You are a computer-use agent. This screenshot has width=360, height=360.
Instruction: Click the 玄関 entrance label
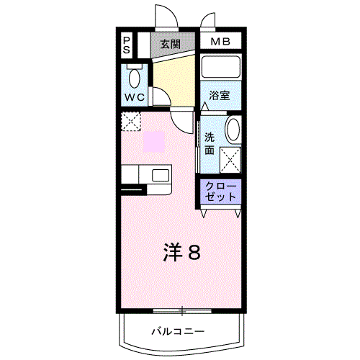pos(170,43)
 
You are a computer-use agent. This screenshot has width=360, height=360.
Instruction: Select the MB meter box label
pos(220,42)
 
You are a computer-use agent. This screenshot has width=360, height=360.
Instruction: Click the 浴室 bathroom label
pos(220,95)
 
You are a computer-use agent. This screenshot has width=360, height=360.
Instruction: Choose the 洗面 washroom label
pos(210,143)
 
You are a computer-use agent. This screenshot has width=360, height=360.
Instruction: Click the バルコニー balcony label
pos(178,331)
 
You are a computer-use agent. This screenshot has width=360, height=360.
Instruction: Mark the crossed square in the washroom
pos(231,157)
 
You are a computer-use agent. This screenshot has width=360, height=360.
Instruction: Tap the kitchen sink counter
pos(147,175)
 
